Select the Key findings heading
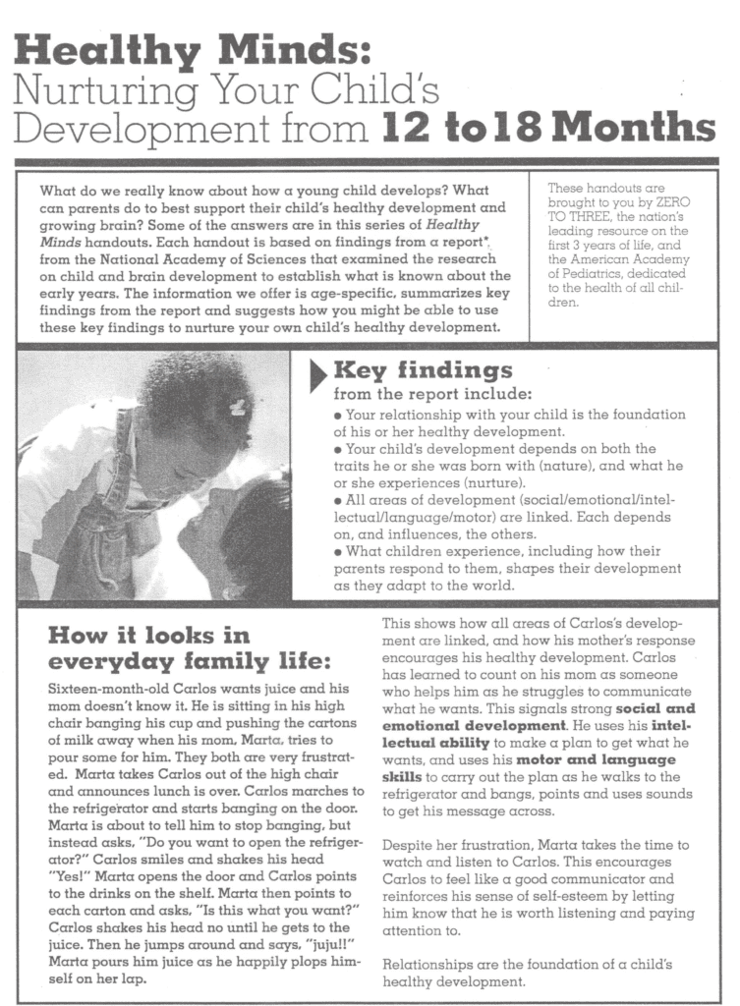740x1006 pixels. click(x=424, y=369)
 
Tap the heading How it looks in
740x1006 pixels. click(x=148, y=635)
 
